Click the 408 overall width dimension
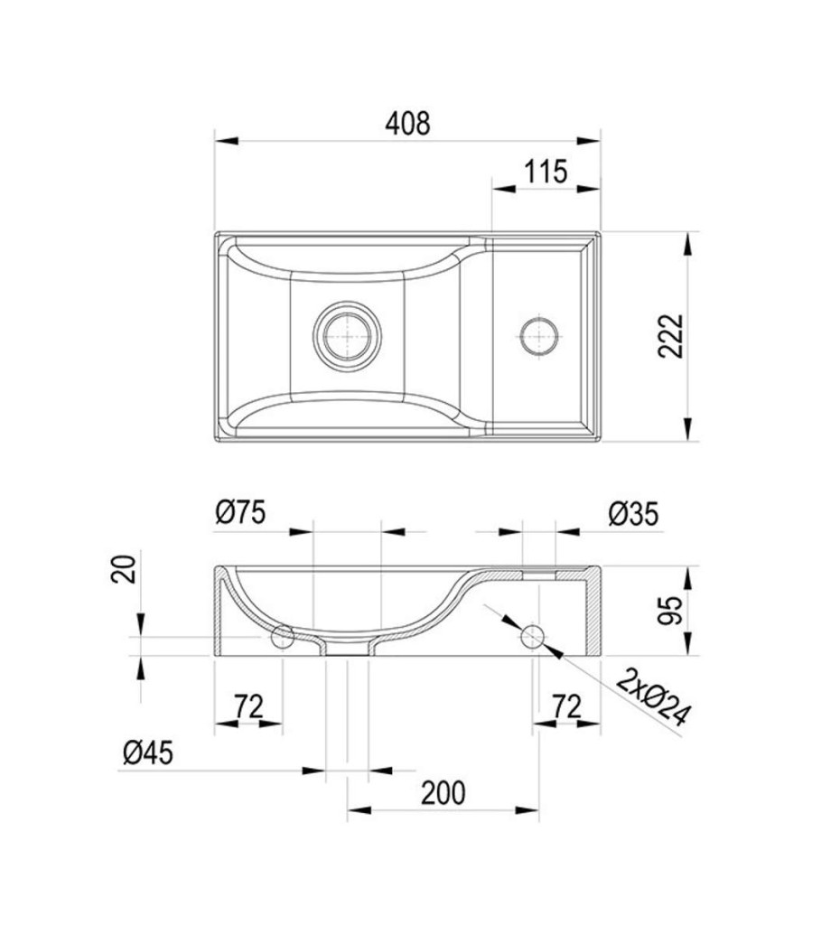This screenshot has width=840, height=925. (407, 124)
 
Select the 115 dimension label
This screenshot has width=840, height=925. (546, 172)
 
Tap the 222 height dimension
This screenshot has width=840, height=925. (671, 336)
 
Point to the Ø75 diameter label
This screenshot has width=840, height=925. (240, 512)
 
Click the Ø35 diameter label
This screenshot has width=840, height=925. (633, 514)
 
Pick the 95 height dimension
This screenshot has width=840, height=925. (670, 611)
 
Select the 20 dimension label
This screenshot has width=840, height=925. (124, 569)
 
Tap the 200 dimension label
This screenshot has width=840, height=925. (443, 793)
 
